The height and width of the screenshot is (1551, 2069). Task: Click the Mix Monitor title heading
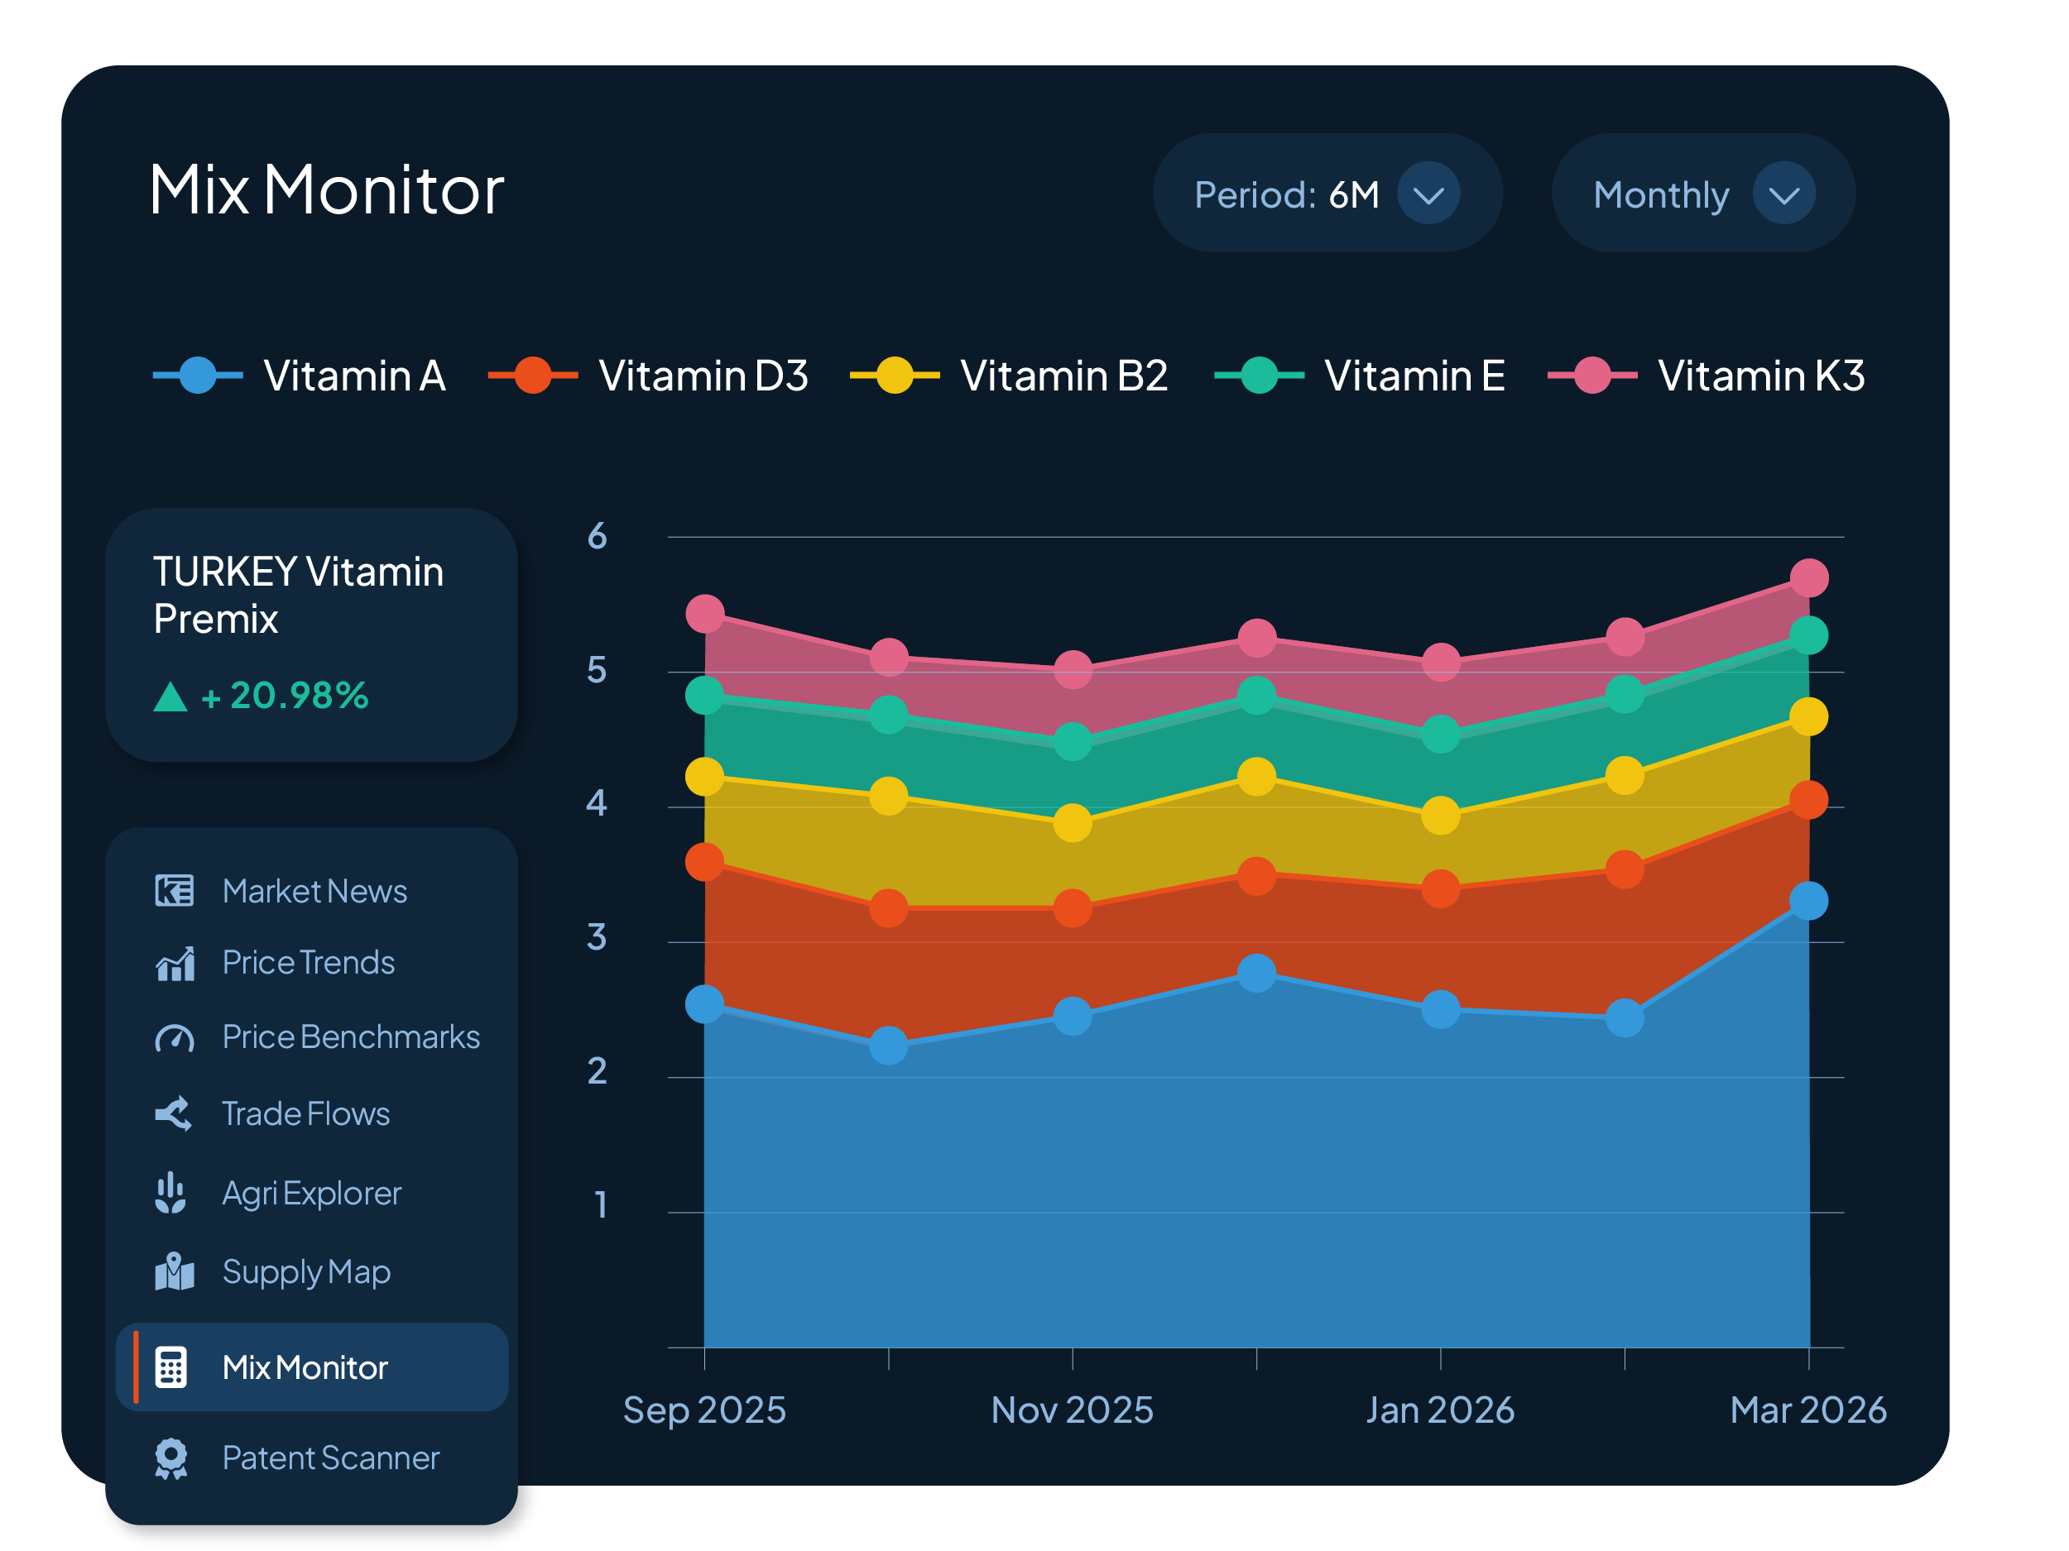326,189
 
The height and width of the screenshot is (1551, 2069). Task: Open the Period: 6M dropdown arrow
1428,194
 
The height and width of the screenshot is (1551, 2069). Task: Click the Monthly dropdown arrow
1783,194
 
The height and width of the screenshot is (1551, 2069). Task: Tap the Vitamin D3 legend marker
533,376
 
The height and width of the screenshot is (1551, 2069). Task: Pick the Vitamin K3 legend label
1760,376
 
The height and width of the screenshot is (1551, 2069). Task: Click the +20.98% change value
286,696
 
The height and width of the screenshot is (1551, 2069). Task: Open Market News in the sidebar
314,891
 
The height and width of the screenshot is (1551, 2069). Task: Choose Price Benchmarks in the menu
351,1036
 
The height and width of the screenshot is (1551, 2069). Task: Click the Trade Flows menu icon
174,1113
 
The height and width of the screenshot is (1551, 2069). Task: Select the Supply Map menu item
306,1271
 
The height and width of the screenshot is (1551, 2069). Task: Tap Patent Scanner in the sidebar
330,1458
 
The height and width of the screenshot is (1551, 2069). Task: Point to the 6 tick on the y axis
597,537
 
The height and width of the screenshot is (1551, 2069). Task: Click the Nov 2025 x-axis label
1072,1410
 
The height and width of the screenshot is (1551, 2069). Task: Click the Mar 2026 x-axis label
1807,1410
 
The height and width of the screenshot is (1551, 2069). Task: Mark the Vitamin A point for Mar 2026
1808,902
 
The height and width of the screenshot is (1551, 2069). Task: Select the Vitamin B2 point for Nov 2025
1072,823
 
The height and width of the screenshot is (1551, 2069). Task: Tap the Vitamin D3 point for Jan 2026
1441,888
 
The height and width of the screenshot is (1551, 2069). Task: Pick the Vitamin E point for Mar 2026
1808,636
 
